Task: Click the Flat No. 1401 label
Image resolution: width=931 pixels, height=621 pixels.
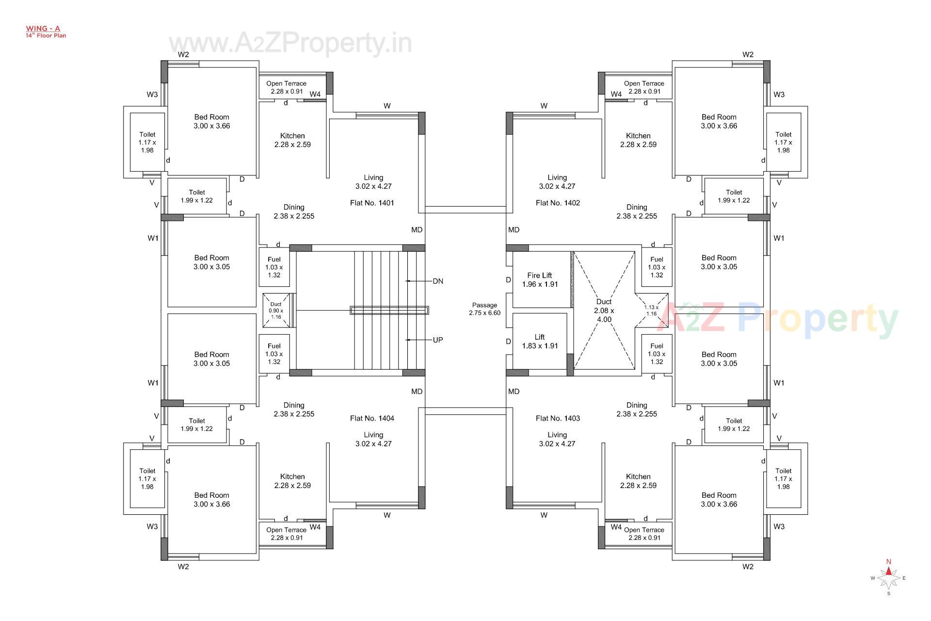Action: click(372, 203)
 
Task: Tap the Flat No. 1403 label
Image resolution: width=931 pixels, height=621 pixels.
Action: click(558, 418)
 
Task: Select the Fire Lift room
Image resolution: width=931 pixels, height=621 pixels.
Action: click(540, 279)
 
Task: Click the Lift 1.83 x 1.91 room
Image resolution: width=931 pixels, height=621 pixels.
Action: click(540, 341)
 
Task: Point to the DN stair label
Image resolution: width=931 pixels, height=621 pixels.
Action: click(438, 281)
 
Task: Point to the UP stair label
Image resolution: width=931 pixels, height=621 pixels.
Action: click(438, 340)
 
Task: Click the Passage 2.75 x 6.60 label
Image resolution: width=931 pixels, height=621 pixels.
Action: click(484, 309)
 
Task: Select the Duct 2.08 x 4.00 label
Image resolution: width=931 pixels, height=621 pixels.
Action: click(604, 310)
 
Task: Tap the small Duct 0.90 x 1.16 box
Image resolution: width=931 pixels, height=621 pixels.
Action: click(276, 310)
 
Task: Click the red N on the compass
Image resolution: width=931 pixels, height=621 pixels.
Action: click(889, 562)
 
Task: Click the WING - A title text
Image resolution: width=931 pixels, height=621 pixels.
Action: click(43, 29)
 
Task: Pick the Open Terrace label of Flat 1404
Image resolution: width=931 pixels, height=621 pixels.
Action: click(286, 534)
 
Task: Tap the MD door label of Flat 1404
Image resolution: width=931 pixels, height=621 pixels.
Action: click(417, 392)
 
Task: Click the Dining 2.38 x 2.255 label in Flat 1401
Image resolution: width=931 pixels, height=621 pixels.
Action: click(294, 212)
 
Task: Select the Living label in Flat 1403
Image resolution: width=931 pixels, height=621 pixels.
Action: click(557, 439)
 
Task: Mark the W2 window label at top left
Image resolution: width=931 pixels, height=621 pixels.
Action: click(183, 54)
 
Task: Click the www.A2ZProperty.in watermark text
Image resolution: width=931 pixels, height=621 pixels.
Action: click(290, 43)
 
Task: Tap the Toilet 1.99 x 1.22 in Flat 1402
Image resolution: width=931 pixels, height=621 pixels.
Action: click(734, 196)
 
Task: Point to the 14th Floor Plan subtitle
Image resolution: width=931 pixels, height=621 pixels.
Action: click(46, 35)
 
